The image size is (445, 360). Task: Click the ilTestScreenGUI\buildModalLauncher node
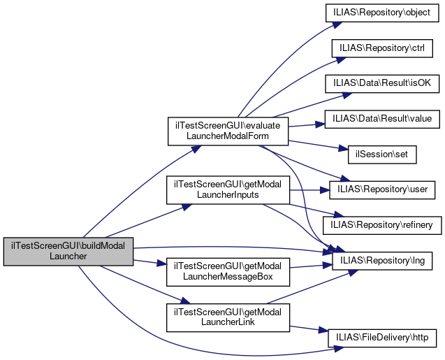click(68, 251)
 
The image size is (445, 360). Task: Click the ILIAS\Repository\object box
click(383, 13)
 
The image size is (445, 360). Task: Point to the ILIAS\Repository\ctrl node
click(383, 48)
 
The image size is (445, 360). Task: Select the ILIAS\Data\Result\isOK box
click(383, 83)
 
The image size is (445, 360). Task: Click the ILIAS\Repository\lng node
click(383, 261)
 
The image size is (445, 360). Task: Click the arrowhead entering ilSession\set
click(344, 150)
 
